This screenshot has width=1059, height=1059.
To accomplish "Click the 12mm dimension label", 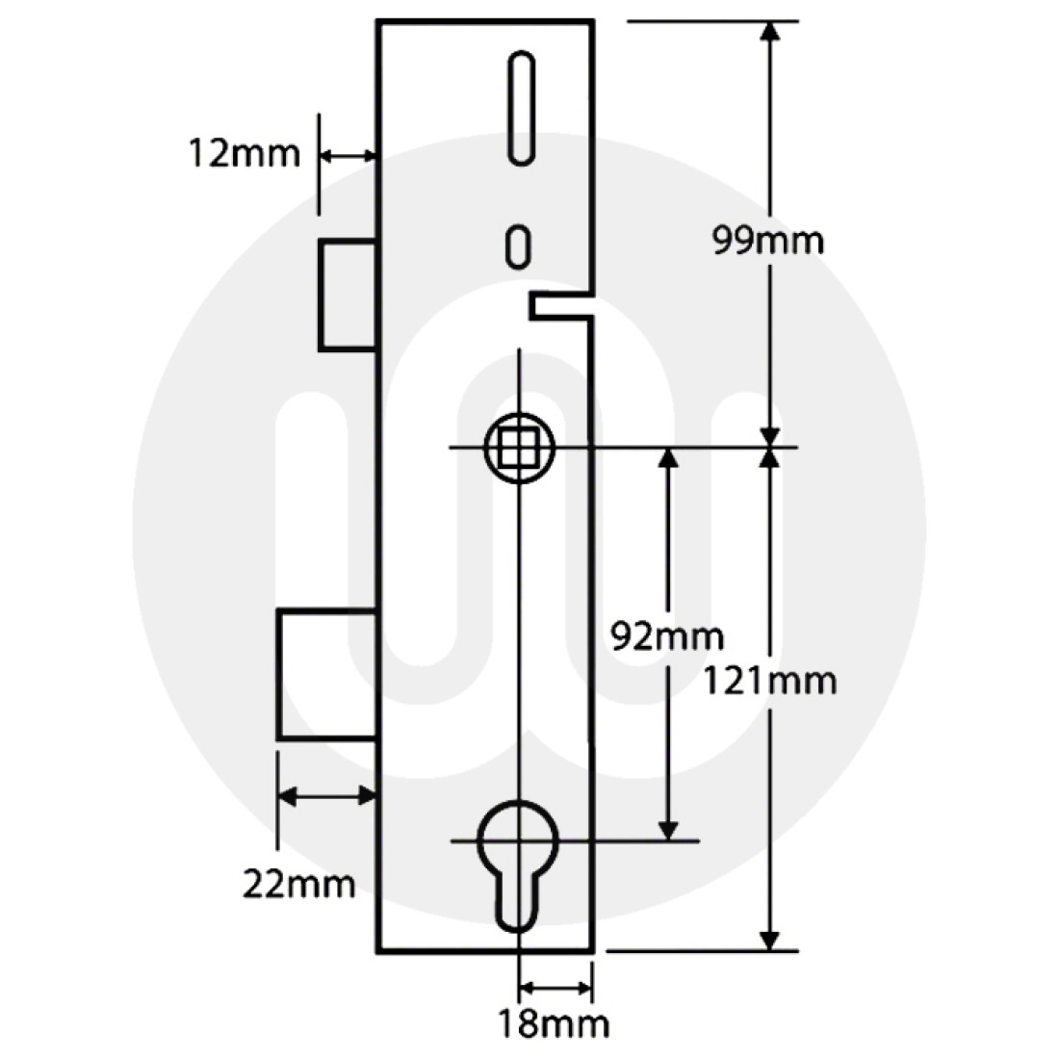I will click(244, 154).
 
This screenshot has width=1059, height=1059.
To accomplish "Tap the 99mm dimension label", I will click(767, 240).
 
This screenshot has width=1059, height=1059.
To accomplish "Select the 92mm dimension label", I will click(667, 636).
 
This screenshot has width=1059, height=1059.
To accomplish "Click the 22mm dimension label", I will click(298, 883).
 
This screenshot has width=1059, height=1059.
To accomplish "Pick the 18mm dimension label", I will click(554, 1023).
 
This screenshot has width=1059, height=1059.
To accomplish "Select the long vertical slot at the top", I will click(520, 107).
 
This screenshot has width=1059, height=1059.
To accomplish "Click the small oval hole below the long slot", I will click(519, 245).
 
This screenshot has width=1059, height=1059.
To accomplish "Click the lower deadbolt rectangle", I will click(326, 674).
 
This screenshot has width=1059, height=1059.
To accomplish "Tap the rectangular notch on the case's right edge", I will click(558, 306).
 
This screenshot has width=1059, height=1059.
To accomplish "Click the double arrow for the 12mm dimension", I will click(348, 154).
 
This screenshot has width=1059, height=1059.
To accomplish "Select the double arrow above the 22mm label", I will click(325, 795).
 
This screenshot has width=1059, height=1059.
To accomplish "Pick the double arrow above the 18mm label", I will click(555, 988).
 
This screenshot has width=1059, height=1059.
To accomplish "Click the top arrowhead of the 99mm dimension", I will click(768, 32).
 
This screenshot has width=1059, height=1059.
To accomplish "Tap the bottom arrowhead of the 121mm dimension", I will click(769, 939).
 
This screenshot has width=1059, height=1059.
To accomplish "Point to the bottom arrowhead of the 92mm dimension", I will click(667, 829).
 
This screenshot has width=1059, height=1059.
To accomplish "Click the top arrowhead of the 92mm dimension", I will click(667, 458).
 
